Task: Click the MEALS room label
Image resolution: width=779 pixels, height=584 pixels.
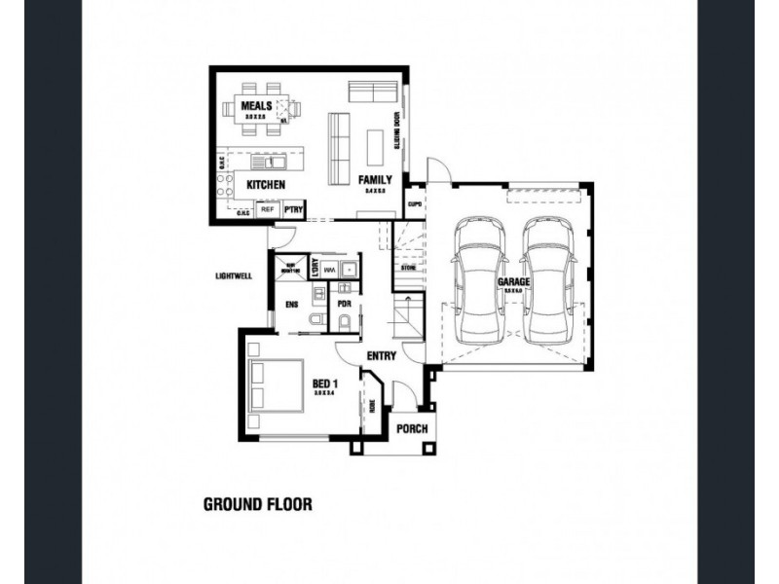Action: tap(256, 105)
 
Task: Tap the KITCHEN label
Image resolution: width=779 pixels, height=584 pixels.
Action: tap(265, 184)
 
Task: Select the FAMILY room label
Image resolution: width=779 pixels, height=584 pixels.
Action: tap(375, 180)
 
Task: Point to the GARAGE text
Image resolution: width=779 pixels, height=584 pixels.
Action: tap(513, 282)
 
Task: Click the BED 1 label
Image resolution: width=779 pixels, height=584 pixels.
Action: tap(324, 384)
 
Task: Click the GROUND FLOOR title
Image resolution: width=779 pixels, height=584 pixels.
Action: tap(256, 504)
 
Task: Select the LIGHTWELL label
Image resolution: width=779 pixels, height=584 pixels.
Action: tap(234, 275)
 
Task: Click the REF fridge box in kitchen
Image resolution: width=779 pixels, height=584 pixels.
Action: tap(267, 209)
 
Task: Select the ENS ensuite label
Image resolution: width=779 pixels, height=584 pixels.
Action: tap(291, 305)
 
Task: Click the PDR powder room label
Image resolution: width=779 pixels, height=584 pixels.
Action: tap(343, 305)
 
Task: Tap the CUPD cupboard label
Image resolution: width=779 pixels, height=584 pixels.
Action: tap(414, 204)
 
